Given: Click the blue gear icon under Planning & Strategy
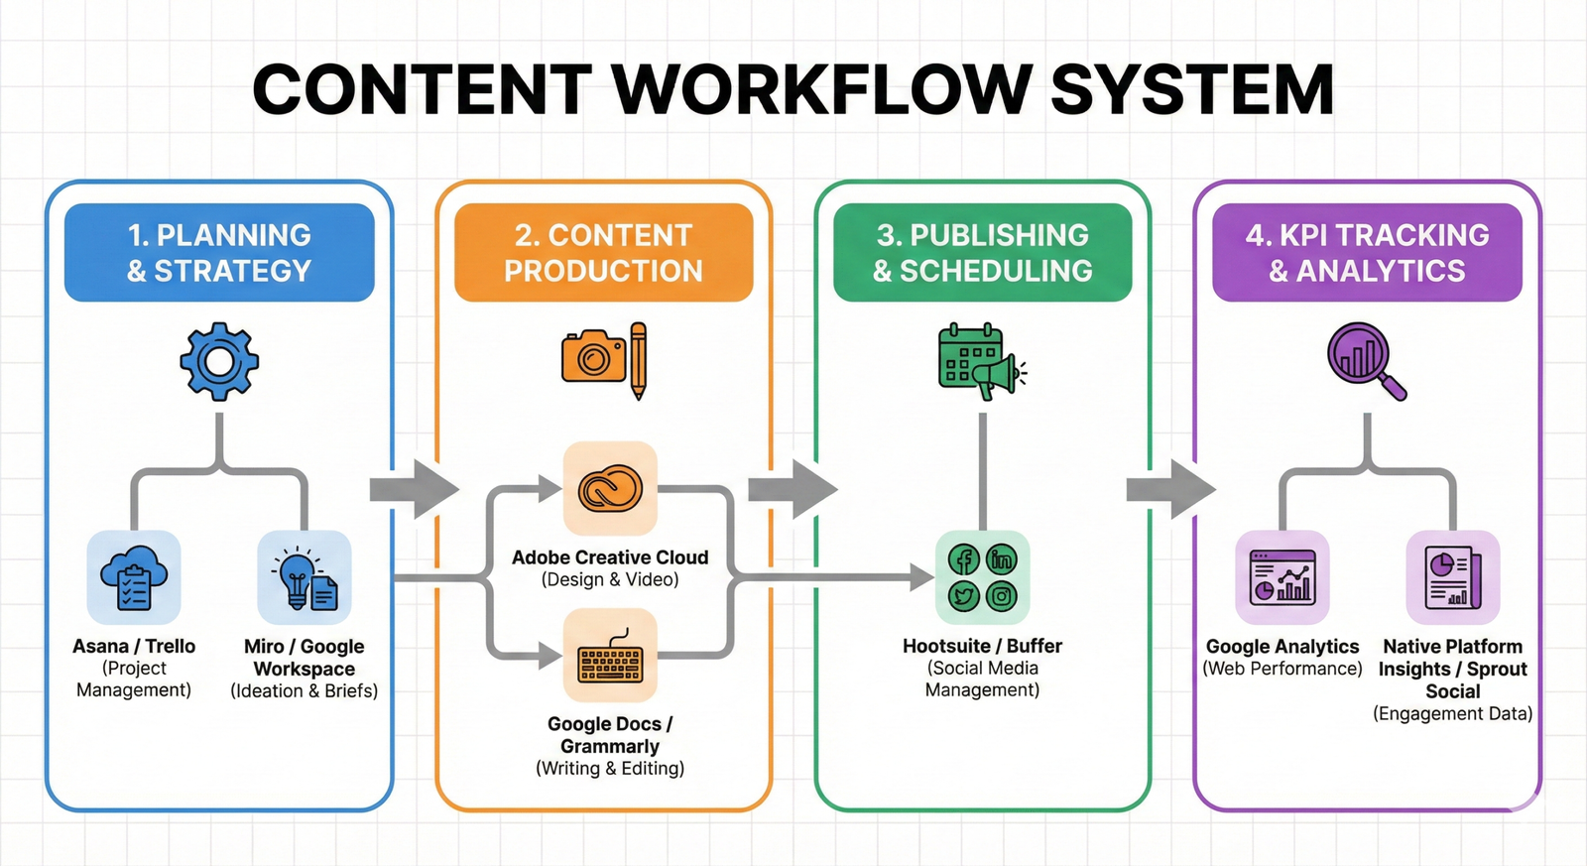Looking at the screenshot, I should [x=219, y=361].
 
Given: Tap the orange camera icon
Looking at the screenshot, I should [x=593, y=358].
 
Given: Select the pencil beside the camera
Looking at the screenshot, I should [x=638, y=359].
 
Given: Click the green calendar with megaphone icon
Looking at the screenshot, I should [x=979, y=361].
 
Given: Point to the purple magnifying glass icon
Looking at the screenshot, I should [x=1366, y=360].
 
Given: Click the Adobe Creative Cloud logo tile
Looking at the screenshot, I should [x=610, y=489].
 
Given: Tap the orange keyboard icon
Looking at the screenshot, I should [x=610, y=656].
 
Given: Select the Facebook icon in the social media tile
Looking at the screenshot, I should [x=964, y=560].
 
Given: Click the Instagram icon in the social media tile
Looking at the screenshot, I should [x=1002, y=596].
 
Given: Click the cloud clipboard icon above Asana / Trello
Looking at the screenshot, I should [x=134, y=577].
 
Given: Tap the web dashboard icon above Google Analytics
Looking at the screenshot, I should [x=1282, y=577].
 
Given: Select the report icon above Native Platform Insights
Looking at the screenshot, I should [x=1452, y=577].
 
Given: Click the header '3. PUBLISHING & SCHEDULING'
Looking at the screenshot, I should [x=982, y=253].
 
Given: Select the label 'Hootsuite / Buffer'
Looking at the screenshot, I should [x=982, y=646].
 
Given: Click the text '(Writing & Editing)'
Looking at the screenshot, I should [x=610, y=768].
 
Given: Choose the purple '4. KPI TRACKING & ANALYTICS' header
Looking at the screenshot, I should [x=1367, y=253].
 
